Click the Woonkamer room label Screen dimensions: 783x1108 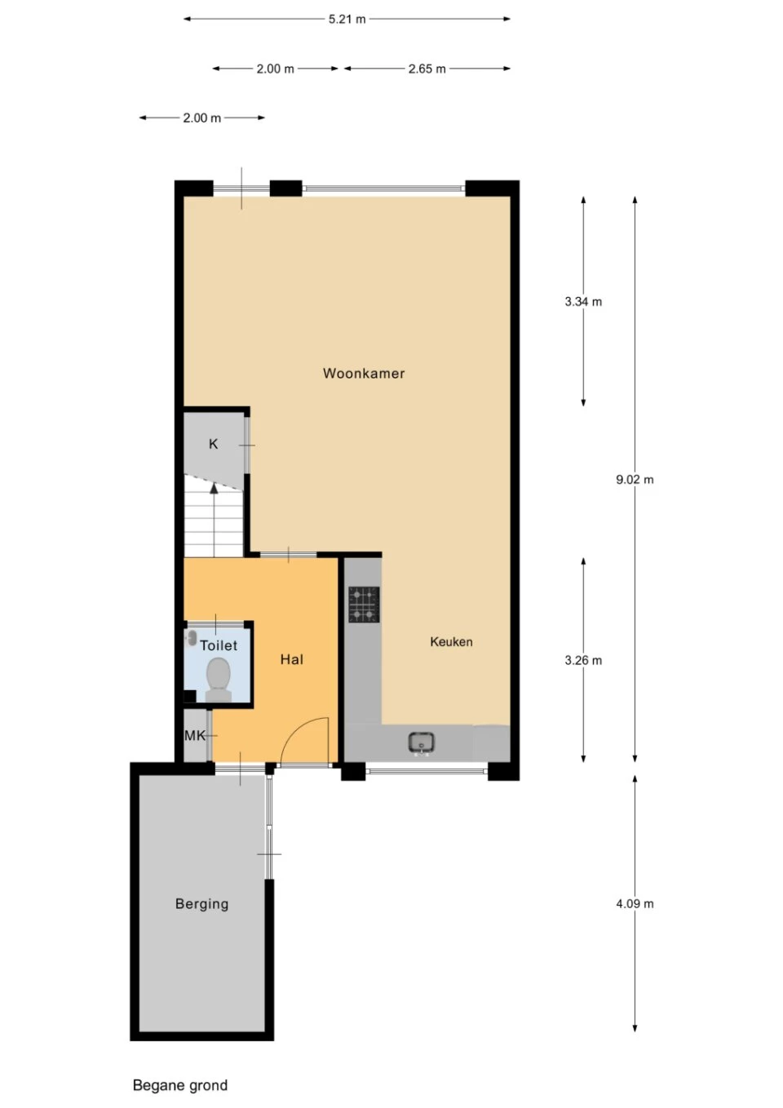(x=364, y=373)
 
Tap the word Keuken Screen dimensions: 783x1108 (x=451, y=641)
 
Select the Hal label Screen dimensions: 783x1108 (x=292, y=659)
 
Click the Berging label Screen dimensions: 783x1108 (x=201, y=904)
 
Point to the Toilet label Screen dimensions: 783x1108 (x=219, y=645)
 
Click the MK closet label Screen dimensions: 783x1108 (x=194, y=735)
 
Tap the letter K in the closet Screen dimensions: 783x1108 (x=213, y=444)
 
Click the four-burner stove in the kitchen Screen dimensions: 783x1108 (x=365, y=605)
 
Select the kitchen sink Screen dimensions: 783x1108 (x=421, y=743)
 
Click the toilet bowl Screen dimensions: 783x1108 (x=219, y=679)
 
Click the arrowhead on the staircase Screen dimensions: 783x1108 (x=214, y=489)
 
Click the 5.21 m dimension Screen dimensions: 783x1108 (x=347, y=20)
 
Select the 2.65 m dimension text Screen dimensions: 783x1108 (x=427, y=69)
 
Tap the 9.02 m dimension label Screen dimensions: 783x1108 (x=635, y=479)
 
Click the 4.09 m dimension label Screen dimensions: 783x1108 (x=635, y=904)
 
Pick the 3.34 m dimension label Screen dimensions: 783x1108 (x=583, y=301)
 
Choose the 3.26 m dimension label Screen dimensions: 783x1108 (x=583, y=660)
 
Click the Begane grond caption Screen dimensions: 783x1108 (x=180, y=1085)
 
